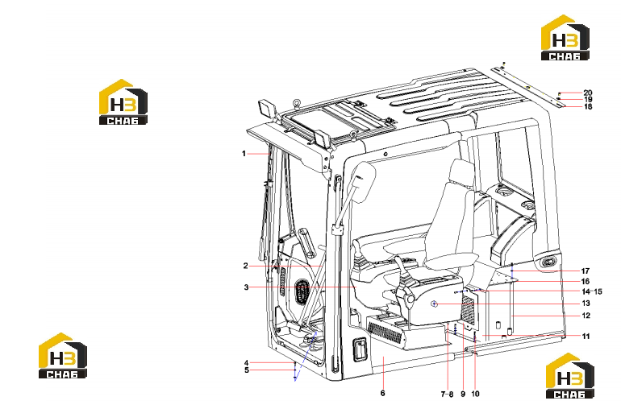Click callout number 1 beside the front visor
click(244, 154)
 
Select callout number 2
click(245, 266)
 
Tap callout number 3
click(246, 287)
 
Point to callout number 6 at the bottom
click(382, 393)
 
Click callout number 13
click(586, 304)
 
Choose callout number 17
click(586, 271)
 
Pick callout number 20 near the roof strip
click(588, 93)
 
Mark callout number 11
click(586, 337)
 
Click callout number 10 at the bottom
click(475, 394)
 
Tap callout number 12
click(586, 316)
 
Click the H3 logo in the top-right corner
click(565, 38)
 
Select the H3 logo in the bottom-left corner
click(63, 356)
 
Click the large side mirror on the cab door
click(361, 183)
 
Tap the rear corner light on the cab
click(548, 262)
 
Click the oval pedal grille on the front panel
click(302, 291)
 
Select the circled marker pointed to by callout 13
click(435, 304)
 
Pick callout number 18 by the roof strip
click(588, 107)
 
